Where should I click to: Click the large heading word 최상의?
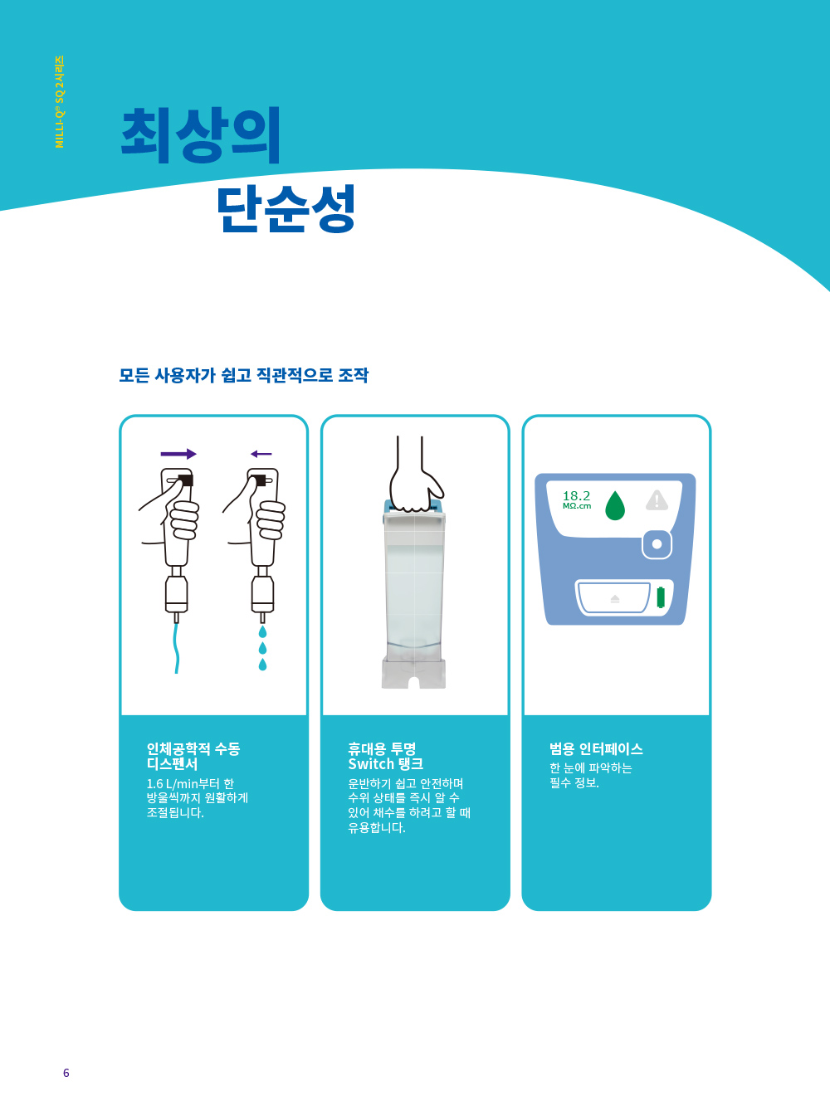click(200, 135)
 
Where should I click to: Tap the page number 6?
click(66, 1073)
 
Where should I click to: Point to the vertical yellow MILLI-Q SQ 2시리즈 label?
click(60, 102)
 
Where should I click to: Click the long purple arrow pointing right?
click(178, 454)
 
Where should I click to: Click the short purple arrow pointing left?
click(261, 454)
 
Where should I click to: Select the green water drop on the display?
click(615, 505)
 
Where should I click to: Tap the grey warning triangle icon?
click(657, 500)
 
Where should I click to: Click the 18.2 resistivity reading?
click(576, 496)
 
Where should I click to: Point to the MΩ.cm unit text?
click(577, 506)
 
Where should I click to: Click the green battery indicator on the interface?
click(661, 597)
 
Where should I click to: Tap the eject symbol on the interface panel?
click(615, 598)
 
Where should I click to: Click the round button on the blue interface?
click(657, 544)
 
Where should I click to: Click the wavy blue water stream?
click(177, 648)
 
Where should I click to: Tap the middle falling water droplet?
click(262, 648)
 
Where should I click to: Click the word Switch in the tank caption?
click(370, 764)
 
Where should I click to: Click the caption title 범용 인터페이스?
click(596, 748)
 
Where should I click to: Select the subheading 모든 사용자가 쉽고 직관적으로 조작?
click(243, 375)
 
